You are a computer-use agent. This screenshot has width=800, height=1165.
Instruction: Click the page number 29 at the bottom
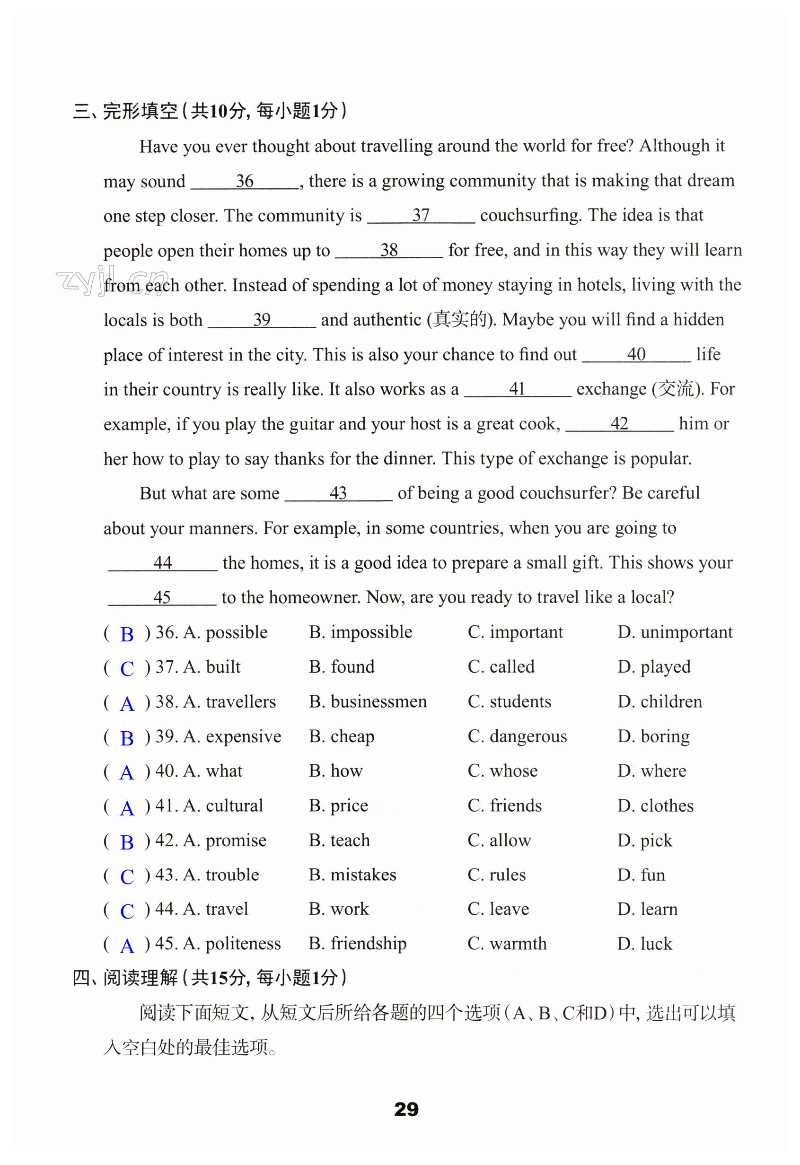click(406, 1109)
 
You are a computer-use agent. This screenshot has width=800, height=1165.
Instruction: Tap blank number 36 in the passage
click(245, 182)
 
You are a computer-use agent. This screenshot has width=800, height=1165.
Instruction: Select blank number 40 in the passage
click(636, 354)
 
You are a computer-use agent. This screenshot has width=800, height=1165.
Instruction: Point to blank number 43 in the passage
click(338, 493)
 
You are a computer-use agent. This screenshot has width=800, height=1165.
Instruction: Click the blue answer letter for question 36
click(127, 635)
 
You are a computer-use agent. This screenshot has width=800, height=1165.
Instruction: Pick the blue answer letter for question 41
click(127, 808)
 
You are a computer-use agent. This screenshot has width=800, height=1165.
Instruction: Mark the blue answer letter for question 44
click(127, 911)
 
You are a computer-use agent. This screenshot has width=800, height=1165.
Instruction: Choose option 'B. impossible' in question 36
click(360, 632)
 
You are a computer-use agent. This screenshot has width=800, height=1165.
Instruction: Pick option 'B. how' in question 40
click(335, 771)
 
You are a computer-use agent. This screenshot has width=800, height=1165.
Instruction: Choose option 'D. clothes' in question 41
click(655, 806)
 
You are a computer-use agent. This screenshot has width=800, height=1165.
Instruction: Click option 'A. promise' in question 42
click(225, 840)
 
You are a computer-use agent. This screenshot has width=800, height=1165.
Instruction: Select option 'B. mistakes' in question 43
click(352, 875)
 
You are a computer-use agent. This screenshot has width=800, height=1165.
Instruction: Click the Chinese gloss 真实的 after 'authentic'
click(460, 320)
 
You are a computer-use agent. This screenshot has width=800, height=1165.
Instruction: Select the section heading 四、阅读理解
click(125, 978)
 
